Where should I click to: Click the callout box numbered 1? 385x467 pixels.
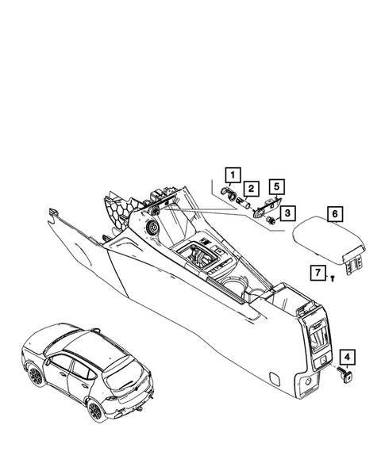[232, 174]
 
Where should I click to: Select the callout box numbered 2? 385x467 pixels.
[250, 188]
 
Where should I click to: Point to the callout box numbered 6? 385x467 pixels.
[334, 213]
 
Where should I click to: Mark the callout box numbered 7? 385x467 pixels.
[318, 274]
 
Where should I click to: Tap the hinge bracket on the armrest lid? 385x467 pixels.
[354, 264]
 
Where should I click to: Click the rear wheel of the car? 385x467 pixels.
[94, 410]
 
